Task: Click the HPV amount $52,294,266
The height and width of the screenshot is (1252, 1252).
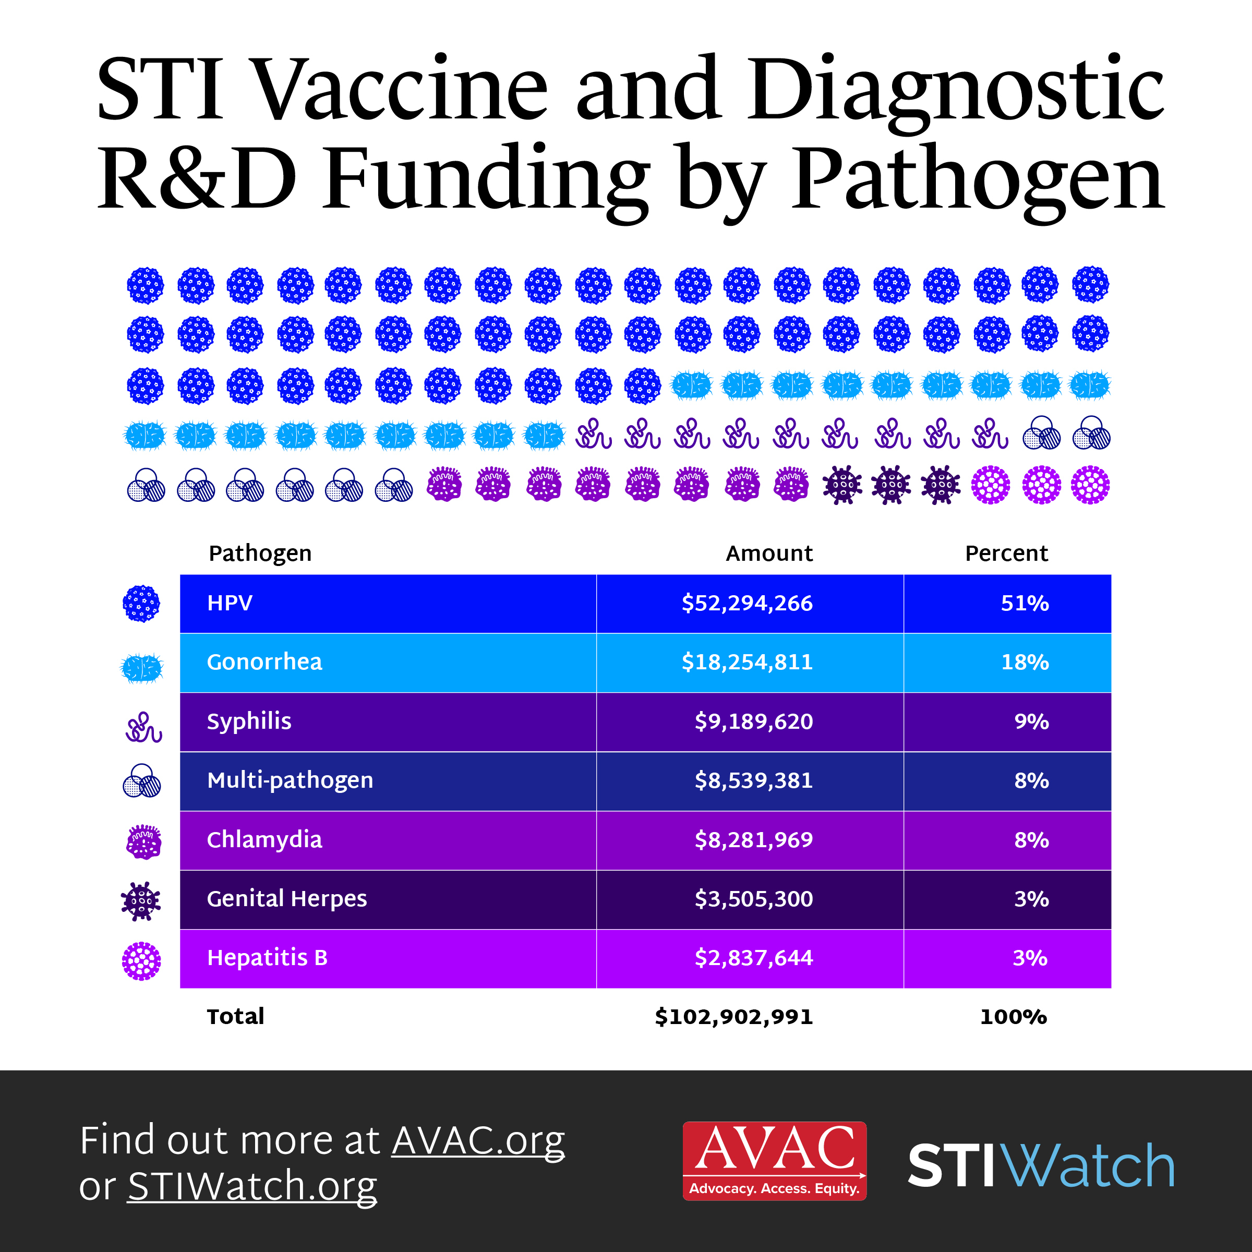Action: pos(747,604)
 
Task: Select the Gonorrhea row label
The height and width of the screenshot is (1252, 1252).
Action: pos(264,661)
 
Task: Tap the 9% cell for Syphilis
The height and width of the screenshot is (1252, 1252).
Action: pos(1031,721)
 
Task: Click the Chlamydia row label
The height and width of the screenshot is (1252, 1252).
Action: pos(264,839)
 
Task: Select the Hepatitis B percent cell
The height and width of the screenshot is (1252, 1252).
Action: pos(1030,958)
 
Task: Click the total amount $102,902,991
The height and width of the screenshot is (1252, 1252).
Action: pos(733,1016)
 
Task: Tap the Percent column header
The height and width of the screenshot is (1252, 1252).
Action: pos(1006,553)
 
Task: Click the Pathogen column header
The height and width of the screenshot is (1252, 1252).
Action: pos(260,553)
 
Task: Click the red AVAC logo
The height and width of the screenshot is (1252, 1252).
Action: pos(774,1161)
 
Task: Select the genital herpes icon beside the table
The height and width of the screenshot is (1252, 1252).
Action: pos(141,901)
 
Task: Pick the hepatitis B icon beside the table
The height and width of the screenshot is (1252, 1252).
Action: pos(141,960)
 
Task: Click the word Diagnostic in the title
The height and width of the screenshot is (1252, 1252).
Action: pos(956,91)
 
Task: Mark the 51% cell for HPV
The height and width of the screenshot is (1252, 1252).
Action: pos(1025,604)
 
